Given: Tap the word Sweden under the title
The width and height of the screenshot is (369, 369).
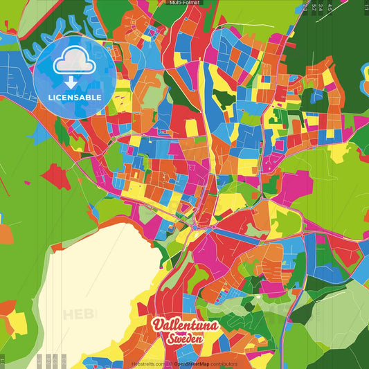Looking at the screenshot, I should [x=183, y=340].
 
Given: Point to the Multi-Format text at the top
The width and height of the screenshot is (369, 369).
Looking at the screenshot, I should [x=185, y=3].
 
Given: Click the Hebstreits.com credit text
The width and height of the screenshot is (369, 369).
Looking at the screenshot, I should [x=147, y=363].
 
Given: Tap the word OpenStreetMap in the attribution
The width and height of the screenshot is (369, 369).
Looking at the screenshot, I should [x=192, y=363].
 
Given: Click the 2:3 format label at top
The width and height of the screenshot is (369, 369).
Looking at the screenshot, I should [x=305, y=7].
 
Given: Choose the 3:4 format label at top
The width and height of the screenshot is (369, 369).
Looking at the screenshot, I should [x=321, y=7].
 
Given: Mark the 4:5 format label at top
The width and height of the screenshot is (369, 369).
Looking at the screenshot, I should [x=330, y=7].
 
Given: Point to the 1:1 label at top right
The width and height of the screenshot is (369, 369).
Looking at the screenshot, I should [x=366, y=6].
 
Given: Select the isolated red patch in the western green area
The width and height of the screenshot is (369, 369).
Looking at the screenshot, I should [x=57, y=176].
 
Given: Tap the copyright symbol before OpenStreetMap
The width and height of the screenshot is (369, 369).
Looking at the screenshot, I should [x=170, y=363].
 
